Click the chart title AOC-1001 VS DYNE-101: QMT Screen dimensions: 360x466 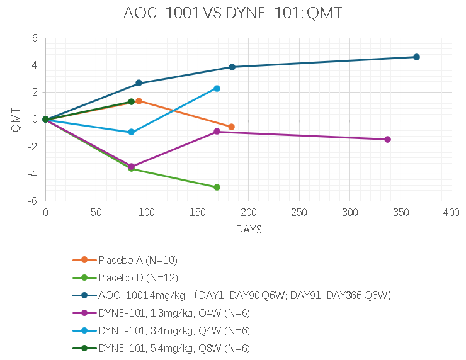pyautogui.click(x=233, y=13)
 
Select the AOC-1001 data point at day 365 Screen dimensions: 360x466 pyautogui.click(x=416, y=57)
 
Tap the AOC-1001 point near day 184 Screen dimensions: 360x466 pyautogui.click(x=232, y=67)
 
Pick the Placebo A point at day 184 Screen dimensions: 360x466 pyautogui.click(x=231, y=127)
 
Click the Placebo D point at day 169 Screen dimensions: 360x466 pyautogui.click(x=217, y=187)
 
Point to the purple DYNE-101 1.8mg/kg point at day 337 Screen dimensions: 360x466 pyautogui.click(x=387, y=139)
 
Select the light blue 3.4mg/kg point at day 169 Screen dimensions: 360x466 pyautogui.click(x=217, y=89)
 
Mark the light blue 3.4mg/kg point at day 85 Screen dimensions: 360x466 pyautogui.click(x=132, y=132)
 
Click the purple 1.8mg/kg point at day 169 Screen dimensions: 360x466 pyautogui.click(x=217, y=132)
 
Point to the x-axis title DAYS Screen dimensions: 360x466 pyautogui.click(x=249, y=230)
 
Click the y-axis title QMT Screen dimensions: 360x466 pyautogui.click(x=16, y=120)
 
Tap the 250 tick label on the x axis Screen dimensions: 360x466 pyautogui.click(x=299, y=213)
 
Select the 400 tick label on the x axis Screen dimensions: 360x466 pyautogui.click(x=452, y=213)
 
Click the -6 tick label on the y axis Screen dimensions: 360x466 pyautogui.click(x=34, y=201)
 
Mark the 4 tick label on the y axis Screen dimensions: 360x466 pyautogui.click(x=35, y=65)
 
